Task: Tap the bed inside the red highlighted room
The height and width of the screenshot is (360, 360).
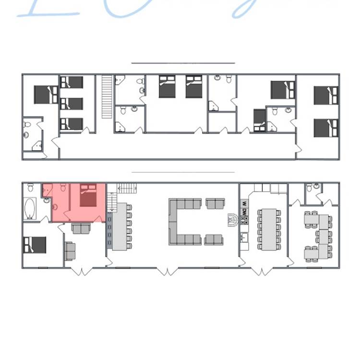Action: tap(88, 196)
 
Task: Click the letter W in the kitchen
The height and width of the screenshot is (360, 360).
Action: tap(244, 203)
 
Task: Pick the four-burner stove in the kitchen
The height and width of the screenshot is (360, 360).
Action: tap(244, 220)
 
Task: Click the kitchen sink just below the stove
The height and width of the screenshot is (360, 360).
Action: tap(244, 237)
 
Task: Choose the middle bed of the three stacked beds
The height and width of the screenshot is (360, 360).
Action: tap(72, 103)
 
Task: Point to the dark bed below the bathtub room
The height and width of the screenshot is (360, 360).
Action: tap(35, 245)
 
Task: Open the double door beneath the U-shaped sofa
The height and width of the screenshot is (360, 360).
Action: tap(167, 271)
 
